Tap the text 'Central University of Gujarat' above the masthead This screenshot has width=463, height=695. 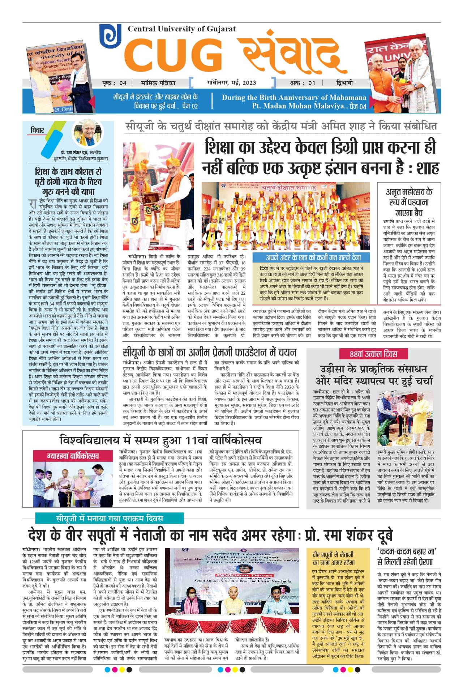click(181, 29)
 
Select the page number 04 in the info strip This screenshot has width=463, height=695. click(123, 83)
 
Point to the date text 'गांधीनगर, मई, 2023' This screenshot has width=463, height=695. click(231, 82)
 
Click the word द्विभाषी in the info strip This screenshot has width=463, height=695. click(344, 83)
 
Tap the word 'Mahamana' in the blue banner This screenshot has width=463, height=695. click(349, 97)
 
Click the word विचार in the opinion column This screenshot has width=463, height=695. click(37, 130)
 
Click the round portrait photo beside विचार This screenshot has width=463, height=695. click(87, 133)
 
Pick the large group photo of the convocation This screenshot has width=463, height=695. click(286, 216)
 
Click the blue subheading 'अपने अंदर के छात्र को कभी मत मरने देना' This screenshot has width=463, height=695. click(313, 257)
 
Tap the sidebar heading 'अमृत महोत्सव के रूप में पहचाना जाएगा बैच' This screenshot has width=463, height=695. click(409, 202)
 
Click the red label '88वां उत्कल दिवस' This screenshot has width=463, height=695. click(373, 354)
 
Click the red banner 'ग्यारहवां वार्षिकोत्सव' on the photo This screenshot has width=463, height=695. click(73, 456)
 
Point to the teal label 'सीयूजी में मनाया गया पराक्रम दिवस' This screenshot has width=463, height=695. click(109, 518)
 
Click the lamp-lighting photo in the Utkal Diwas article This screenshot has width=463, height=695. click(405, 418)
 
